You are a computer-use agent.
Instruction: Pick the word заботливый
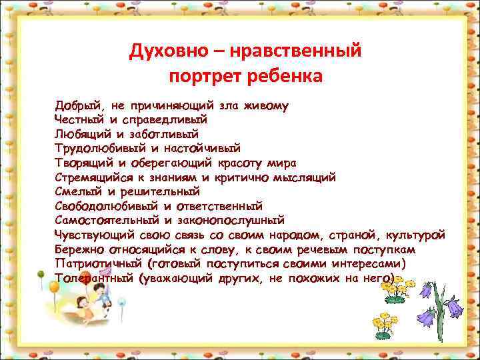169,134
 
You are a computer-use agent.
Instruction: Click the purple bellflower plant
441,310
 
